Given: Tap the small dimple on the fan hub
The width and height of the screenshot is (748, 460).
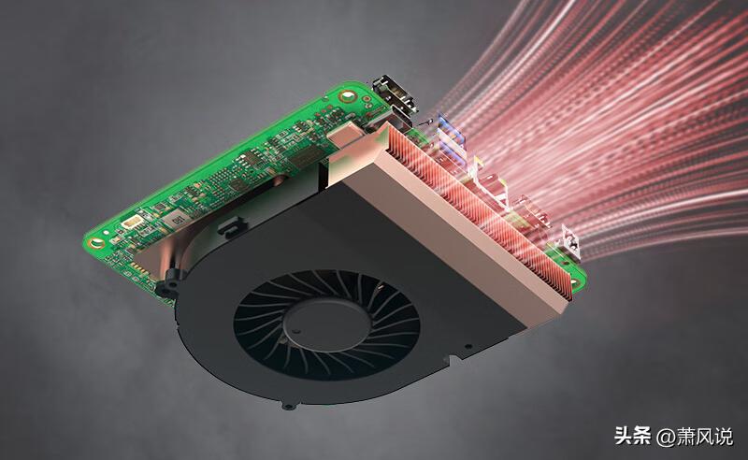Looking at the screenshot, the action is (297, 330).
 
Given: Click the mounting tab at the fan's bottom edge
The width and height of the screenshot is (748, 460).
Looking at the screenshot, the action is (288, 406).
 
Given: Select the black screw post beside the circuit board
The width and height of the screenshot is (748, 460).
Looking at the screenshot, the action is (168, 285).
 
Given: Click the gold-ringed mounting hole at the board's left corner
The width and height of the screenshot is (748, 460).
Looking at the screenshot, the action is (96, 243).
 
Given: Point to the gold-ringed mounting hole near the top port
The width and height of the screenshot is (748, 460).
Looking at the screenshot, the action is (347, 95).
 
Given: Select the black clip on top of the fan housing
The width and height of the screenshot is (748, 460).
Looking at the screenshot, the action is (232, 226).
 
